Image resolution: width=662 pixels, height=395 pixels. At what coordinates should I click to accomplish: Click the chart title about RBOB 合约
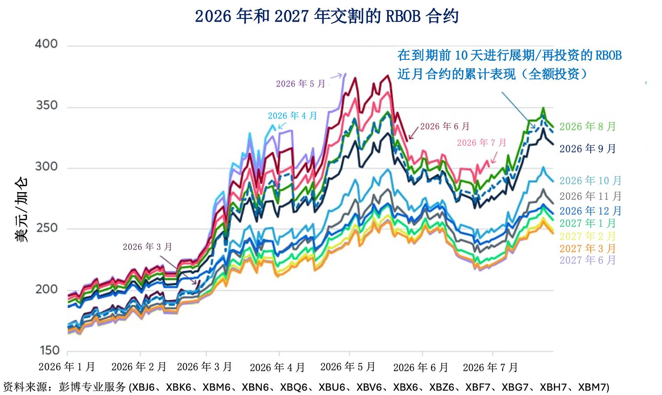[x=326, y=16]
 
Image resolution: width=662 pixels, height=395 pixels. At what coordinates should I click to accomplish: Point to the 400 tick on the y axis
[x=46, y=44]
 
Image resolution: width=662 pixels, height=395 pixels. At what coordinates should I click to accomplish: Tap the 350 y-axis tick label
[x=47, y=105]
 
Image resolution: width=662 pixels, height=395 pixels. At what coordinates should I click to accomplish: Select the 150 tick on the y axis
[x=49, y=350]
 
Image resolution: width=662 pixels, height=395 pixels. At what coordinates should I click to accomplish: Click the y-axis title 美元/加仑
[x=21, y=209]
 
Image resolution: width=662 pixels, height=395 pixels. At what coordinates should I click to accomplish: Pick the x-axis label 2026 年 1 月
[x=66, y=367]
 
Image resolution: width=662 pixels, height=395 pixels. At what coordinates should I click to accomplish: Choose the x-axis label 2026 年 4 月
[x=277, y=368]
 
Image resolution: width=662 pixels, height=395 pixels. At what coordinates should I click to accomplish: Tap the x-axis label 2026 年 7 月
[x=490, y=368]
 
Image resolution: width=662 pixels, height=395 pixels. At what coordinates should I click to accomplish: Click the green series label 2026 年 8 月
[x=587, y=127]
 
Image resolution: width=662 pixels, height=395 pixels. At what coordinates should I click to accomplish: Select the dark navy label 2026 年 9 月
[x=587, y=149]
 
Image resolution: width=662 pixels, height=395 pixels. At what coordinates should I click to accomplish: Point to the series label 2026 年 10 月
[x=590, y=181]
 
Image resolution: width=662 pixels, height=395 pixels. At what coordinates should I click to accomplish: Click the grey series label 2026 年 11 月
[x=590, y=196]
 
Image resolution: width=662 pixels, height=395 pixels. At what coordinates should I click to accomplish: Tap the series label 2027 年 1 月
[x=587, y=223]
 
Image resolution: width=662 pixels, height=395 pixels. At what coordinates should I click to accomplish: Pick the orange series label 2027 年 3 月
[x=587, y=249]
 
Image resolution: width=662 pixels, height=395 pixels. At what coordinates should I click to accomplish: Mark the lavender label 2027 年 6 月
[x=587, y=260]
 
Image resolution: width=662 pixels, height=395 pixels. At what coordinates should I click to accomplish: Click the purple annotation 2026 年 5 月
[x=301, y=84]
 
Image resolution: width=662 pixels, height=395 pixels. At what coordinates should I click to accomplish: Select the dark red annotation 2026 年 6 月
[x=445, y=127]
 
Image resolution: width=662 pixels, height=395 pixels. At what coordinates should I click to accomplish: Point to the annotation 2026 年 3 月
[x=147, y=247]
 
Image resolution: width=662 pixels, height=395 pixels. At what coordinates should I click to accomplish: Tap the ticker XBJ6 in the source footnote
[x=143, y=387]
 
